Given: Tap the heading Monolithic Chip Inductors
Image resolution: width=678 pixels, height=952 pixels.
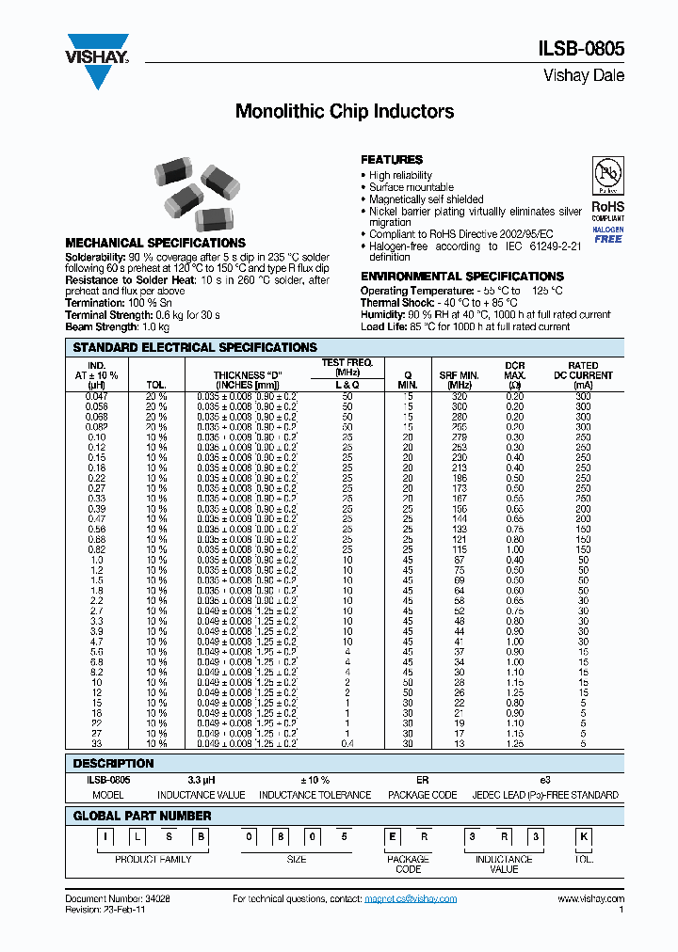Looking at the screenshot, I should click(344, 111).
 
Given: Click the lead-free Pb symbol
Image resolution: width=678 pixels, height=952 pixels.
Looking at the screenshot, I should click(606, 175).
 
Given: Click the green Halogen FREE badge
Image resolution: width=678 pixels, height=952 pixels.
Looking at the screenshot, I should click(607, 234).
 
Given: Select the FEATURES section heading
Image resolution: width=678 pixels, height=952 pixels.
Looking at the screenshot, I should click(392, 160).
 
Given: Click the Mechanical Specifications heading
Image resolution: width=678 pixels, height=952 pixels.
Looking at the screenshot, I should click(155, 243).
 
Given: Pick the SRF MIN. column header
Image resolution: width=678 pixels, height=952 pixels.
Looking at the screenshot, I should click(459, 380).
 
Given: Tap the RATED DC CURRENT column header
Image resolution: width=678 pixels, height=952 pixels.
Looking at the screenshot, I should click(583, 375).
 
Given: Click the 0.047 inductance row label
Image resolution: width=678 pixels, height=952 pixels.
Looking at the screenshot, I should click(97, 396).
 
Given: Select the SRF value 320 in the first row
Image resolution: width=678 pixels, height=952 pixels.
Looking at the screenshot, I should click(459, 396).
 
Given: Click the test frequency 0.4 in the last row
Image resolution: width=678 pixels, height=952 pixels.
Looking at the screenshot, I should click(347, 743).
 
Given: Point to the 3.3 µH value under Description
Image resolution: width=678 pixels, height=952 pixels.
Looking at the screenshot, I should click(201, 780).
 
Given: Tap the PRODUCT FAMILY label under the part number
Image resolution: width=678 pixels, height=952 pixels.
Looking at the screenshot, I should click(153, 860).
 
